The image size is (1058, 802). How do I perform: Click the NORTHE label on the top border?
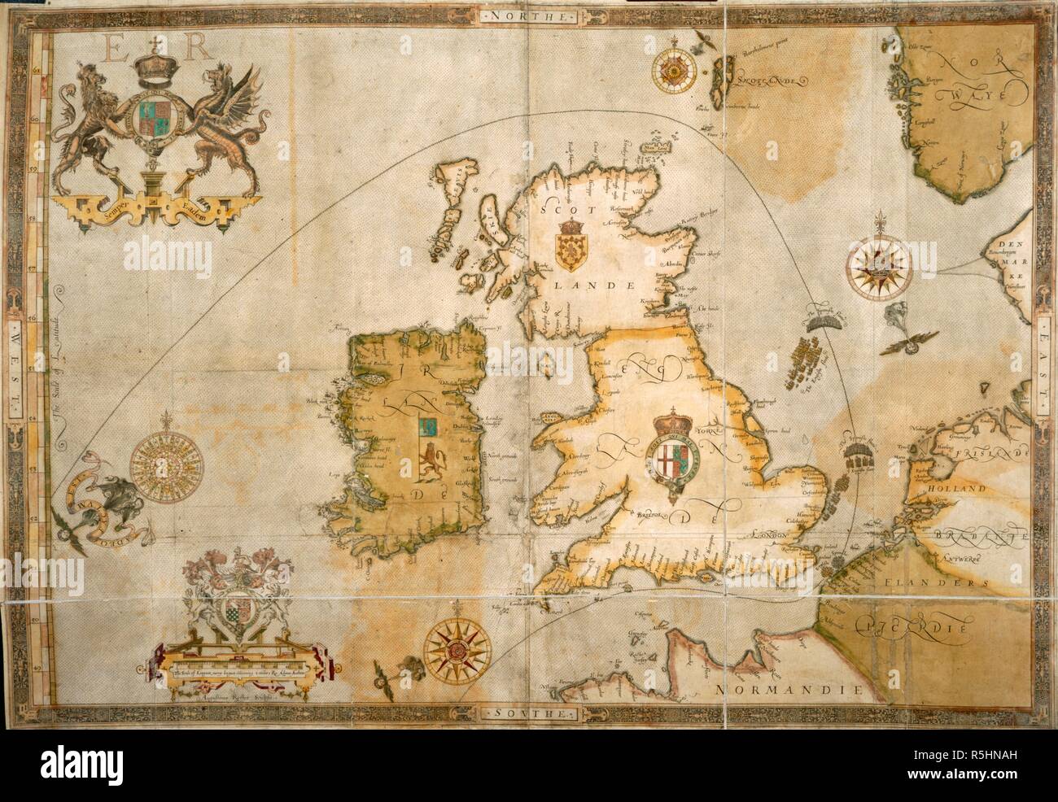528,15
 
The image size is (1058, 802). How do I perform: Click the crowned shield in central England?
673,457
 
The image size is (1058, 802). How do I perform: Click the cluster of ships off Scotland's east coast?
813,357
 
